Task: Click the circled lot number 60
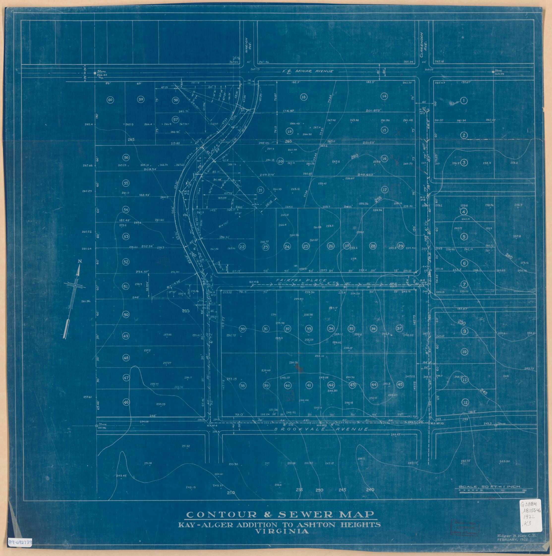110,100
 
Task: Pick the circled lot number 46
126,402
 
